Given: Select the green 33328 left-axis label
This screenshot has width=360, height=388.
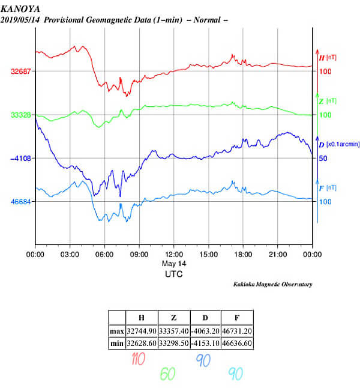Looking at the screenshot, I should click(x=23, y=115).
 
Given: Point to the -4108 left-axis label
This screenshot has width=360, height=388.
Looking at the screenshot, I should click(x=22, y=159).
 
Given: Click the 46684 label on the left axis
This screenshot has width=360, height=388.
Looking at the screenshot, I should click(x=23, y=202).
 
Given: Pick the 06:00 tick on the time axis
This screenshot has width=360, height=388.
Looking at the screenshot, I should click(x=104, y=254).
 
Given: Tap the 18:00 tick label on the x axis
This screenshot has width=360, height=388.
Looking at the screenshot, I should click(x=243, y=254).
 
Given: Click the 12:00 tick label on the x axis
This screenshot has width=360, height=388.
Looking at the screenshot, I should click(x=174, y=254).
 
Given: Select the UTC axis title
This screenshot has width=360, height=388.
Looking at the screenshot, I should click(x=173, y=274).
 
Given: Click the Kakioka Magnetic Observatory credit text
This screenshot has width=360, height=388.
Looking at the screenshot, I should click(x=272, y=284).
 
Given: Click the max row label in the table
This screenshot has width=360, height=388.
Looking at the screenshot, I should click(x=116, y=331).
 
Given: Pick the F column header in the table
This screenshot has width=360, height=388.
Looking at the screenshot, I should click(x=237, y=318).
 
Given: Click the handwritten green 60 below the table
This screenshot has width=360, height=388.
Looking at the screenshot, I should click(x=167, y=374).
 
